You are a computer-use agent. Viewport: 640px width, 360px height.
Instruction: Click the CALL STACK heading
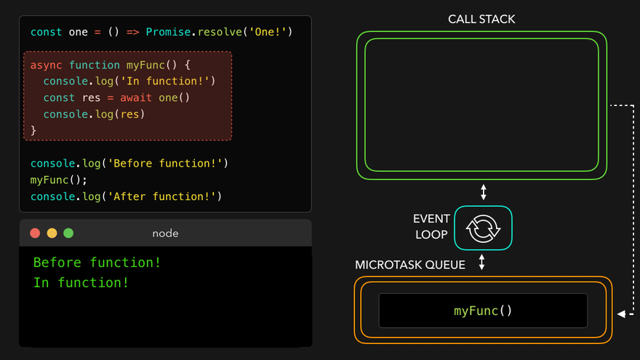point(481,18)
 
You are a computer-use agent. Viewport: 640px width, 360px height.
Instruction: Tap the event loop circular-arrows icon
point(483,229)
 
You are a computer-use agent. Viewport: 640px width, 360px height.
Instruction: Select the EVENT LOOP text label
point(431,226)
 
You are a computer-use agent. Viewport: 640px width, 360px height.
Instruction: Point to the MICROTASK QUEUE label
point(410,265)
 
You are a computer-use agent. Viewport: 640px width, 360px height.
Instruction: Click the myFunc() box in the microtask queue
point(483,311)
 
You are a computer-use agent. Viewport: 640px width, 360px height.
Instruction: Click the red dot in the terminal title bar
point(35,233)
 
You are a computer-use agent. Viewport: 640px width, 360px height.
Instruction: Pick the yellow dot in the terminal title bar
point(52,233)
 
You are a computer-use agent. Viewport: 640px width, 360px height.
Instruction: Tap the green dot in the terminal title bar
point(68,233)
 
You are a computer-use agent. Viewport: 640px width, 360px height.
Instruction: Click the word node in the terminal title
point(165,233)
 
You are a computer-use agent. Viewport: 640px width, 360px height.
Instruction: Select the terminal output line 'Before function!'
point(97,263)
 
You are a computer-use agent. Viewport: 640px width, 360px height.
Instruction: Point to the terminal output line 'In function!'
point(81,283)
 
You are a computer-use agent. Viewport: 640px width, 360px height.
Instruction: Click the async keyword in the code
point(47,65)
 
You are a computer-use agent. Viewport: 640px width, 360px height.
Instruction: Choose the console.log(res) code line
point(94,114)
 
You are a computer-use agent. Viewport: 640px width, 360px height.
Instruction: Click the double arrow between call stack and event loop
point(483,193)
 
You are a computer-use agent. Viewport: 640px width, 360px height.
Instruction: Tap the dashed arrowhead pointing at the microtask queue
point(620,314)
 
